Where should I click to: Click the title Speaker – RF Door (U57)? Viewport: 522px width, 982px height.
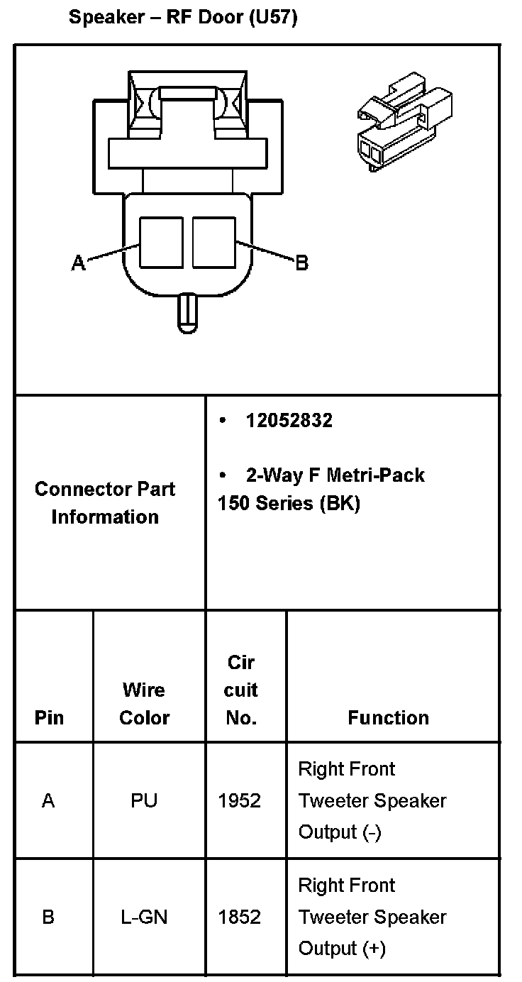point(182,18)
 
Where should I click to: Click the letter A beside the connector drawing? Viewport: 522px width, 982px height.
point(78,264)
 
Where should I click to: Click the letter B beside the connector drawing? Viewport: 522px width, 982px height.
point(301,263)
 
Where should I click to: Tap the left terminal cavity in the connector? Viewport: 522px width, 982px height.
point(161,242)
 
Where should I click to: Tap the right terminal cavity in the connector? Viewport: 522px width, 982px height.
point(213,242)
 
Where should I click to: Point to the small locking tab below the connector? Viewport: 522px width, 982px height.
point(187,313)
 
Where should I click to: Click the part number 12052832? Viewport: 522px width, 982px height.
point(289,421)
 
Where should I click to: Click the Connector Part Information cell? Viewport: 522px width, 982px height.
point(105,502)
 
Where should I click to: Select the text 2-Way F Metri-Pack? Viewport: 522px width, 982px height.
point(335,475)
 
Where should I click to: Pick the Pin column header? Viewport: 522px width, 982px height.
point(49,717)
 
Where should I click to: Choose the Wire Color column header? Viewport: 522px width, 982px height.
point(144,703)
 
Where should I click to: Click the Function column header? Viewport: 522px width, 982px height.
point(388,717)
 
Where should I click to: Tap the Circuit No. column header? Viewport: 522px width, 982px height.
point(241,690)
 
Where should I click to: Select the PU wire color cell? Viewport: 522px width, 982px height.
point(144,800)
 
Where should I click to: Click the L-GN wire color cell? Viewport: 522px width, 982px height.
point(144,917)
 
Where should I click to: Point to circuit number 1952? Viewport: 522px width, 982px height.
point(240,800)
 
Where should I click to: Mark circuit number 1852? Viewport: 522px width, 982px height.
point(240,917)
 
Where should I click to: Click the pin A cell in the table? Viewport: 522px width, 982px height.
point(48,800)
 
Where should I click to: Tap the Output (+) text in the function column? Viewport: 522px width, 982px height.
point(342,948)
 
